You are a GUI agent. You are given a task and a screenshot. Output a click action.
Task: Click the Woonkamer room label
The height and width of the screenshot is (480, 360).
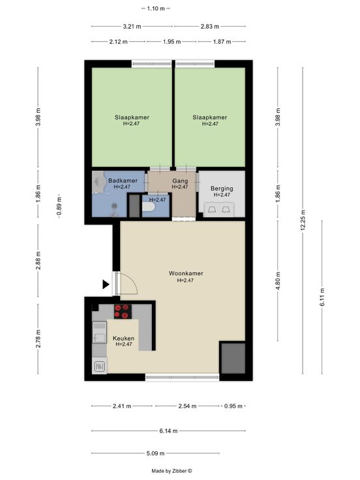click(186, 273)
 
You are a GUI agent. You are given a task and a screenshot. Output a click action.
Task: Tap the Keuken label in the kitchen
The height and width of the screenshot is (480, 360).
click(123, 338)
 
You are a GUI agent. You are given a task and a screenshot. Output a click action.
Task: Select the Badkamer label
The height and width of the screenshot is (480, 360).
click(123, 181)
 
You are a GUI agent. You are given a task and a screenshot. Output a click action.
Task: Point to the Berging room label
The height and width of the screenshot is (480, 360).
click(222, 188)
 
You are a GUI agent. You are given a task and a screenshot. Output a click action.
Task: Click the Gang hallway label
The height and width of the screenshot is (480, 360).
click(180, 181)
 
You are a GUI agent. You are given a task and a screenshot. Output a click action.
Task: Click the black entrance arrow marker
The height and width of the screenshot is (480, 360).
click(106, 285)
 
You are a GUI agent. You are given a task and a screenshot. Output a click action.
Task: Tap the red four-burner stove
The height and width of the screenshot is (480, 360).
click(123, 312)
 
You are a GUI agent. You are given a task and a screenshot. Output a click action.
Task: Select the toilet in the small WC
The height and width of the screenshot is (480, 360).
click(149, 207)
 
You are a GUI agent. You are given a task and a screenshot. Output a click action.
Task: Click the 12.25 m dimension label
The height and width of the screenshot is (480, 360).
click(303, 220)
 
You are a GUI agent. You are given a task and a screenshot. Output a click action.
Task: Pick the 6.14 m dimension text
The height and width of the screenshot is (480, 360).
click(168, 431)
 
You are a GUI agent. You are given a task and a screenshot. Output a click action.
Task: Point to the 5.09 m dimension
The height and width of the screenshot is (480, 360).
click(155, 453)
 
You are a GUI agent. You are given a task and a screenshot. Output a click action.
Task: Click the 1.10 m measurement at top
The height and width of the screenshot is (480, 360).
click(156, 8)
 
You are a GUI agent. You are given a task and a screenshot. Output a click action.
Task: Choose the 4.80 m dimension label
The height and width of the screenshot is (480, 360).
click(278, 280)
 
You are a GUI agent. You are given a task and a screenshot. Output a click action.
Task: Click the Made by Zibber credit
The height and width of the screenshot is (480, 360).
click(172, 471)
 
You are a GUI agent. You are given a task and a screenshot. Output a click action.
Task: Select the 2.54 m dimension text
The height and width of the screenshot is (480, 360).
click(187, 406)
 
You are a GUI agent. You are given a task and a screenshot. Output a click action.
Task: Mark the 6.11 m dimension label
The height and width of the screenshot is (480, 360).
click(322, 297)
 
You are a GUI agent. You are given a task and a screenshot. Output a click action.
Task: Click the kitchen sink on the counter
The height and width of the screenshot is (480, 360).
click(99, 333)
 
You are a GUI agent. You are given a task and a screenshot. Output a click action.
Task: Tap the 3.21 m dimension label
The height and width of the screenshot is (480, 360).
click(132, 27)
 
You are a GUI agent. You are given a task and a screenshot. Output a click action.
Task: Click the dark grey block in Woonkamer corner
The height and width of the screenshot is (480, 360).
click(233, 358)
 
